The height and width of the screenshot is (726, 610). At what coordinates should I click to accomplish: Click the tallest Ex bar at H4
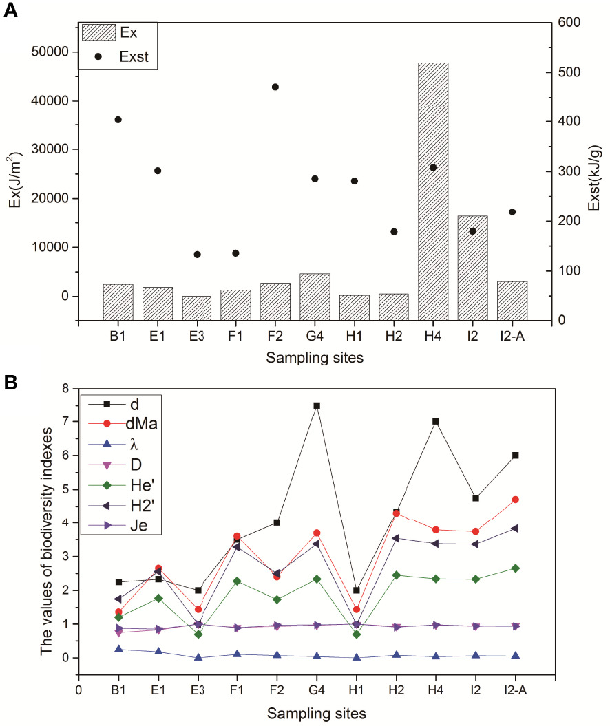432,191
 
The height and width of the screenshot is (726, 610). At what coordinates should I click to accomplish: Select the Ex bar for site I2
472,268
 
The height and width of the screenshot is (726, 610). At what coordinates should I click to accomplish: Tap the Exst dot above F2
275,87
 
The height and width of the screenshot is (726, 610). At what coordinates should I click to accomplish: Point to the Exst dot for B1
118,120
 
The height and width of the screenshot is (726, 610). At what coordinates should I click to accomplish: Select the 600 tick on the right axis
574,23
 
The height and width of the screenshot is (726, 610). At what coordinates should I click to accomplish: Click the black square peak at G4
317,406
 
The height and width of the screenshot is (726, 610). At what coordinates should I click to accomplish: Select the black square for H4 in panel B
436,422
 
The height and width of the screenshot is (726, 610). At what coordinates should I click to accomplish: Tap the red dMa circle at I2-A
515,500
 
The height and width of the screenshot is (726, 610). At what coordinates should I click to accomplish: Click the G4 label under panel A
315,337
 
